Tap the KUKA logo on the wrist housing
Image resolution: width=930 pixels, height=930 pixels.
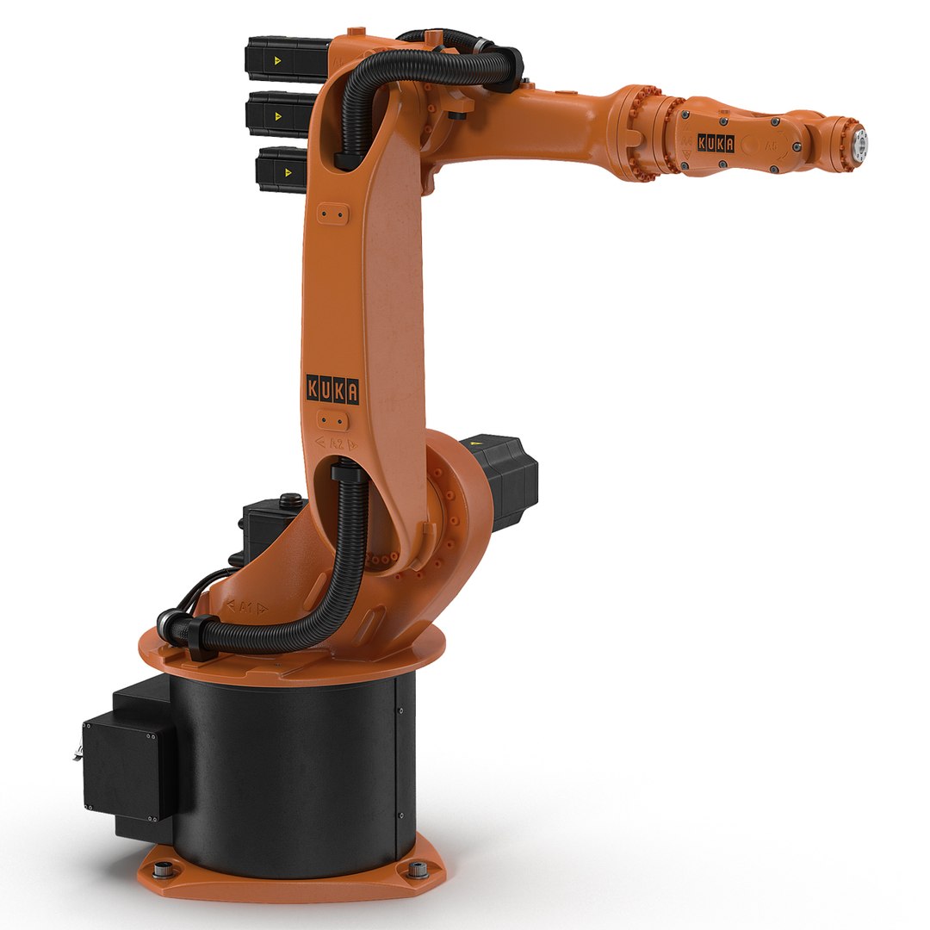click(x=715, y=144)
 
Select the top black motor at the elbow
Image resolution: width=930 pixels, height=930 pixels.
click(x=284, y=60)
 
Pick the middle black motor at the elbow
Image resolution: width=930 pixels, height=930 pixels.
click(x=279, y=114)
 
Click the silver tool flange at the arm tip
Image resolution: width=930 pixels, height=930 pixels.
click(x=859, y=142)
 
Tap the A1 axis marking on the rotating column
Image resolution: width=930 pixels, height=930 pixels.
click(x=245, y=606)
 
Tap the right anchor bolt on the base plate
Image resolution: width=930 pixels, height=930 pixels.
click(x=418, y=869)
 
